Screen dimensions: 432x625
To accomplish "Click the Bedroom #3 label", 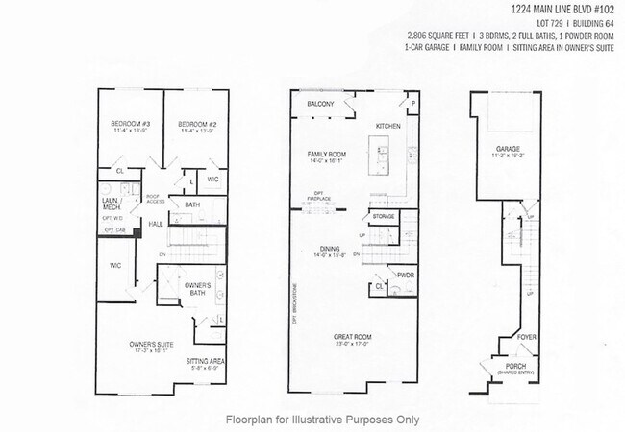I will pos(131,125).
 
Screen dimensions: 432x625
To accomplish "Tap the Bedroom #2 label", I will pos(196,125).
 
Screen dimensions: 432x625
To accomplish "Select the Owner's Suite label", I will pos(150,343).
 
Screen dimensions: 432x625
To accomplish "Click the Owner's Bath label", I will pos(198,286).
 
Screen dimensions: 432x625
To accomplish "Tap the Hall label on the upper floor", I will pos(155,224).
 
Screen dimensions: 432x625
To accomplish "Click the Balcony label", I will pos(320,104).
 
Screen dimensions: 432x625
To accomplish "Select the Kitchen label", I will pos(387,126).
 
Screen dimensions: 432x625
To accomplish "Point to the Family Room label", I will pos(326,155).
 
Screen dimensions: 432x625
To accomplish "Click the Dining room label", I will pos(328,250).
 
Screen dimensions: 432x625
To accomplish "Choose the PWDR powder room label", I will pos(405,275).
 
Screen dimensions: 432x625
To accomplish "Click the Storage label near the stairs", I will pos(384,217).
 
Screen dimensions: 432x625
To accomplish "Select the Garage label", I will pos(508,149).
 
